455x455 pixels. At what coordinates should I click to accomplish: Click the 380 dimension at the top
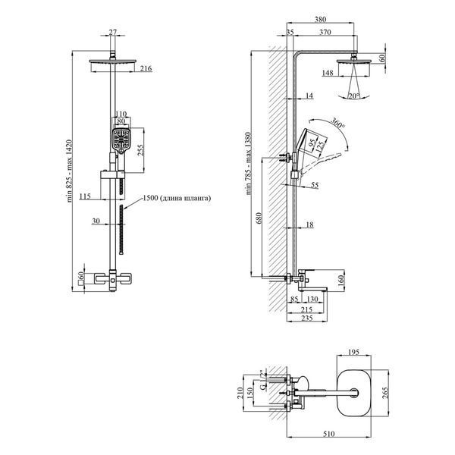click(320, 20)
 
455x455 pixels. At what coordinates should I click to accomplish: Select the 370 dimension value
click(325, 32)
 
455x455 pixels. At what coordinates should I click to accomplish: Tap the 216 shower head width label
click(146, 69)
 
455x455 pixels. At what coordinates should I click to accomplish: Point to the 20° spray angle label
click(354, 96)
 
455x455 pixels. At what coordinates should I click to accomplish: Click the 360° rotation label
click(338, 123)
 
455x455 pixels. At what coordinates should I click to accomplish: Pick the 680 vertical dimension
click(259, 218)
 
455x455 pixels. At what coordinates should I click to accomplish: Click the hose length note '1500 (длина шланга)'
click(177, 198)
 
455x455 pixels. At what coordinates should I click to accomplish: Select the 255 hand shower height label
click(140, 150)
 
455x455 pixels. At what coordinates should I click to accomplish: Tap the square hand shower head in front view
click(121, 141)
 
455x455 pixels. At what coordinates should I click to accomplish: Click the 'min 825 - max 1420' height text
click(69, 171)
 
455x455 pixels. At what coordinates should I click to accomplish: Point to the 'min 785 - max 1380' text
click(249, 164)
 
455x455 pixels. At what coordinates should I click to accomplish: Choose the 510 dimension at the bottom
click(329, 434)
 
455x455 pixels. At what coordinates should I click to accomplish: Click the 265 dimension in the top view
click(385, 393)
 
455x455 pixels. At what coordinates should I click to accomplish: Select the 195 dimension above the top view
click(353, 353)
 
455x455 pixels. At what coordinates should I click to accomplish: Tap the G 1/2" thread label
click(262, 380)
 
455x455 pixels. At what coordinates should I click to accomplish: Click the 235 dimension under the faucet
click(306, 318)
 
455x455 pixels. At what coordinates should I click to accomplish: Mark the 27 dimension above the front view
click(112, 32)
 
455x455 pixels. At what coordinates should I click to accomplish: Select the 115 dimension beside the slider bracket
click(85, 196)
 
